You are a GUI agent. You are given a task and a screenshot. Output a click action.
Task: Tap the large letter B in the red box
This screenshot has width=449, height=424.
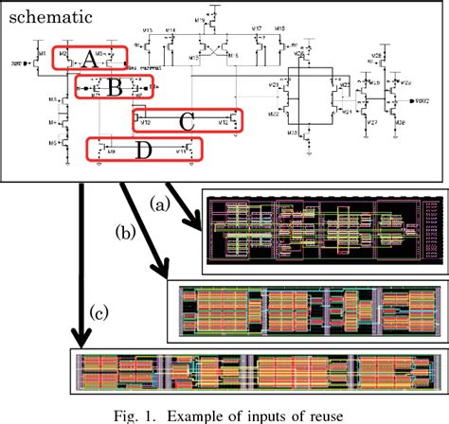point(113,89)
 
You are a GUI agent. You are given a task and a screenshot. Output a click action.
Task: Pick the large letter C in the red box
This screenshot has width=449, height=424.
point(187,120)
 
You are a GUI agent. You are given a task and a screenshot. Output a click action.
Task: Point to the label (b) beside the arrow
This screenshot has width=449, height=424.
point(122,230)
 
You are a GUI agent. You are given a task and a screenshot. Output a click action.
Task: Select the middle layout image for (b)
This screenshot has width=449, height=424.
point(306,309)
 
